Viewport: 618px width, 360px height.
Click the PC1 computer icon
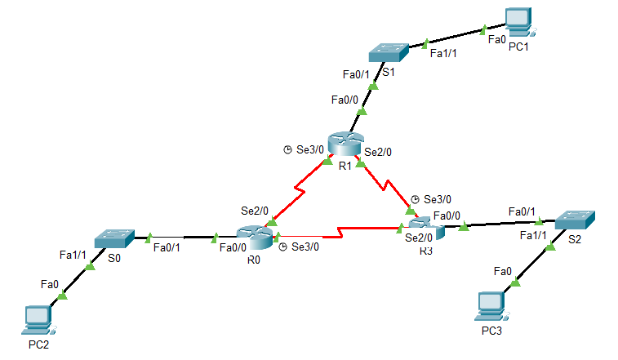click(517, 22)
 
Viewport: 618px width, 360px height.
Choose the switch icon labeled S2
click(576, 219)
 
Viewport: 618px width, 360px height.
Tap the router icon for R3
click(425, 228)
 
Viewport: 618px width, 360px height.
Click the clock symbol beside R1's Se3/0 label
click(287, 149)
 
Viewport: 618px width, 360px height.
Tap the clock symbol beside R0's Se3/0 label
click(282, 247)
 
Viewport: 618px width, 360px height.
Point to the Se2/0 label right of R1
click(379, 151)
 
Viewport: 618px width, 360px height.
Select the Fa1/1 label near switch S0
click(73, 255)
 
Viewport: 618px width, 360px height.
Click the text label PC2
click(39, 344)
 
